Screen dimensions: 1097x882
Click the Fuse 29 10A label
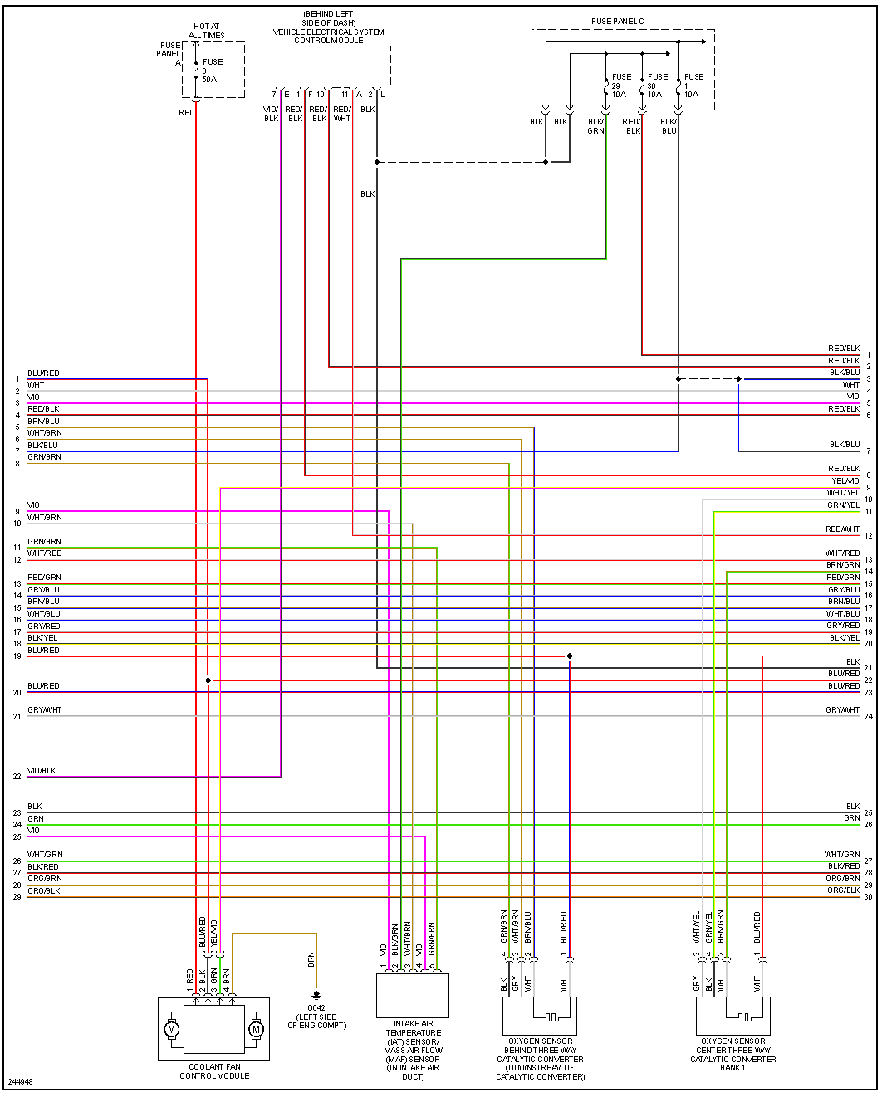(620, 85)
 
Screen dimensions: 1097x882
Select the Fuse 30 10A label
(656, 85)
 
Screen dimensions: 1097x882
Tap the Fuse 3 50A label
(211, 71)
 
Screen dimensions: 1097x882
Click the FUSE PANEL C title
(617, 22)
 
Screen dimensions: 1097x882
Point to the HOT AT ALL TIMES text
(206, 32)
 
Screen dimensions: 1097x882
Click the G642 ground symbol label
(316, 1017)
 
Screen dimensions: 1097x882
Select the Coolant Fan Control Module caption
(214, 1071)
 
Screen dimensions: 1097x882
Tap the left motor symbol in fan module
(173, 1030)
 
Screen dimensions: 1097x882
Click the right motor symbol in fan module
(256, 1030)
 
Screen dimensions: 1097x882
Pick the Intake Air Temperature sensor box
(413, 996)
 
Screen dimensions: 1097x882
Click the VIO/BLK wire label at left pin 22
(42, 771)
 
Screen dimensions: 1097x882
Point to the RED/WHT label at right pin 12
(842, 529)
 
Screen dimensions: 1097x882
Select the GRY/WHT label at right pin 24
(842, 710)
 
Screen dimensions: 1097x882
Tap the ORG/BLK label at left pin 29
(44, 891)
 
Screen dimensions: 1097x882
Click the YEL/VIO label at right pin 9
(845, 481)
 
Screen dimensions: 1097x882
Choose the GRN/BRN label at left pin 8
(44, 457)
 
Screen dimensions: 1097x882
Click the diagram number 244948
(20, 1082)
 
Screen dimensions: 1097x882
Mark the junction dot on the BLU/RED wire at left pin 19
(570, 656)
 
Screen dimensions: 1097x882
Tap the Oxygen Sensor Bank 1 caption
(733, 1054)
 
